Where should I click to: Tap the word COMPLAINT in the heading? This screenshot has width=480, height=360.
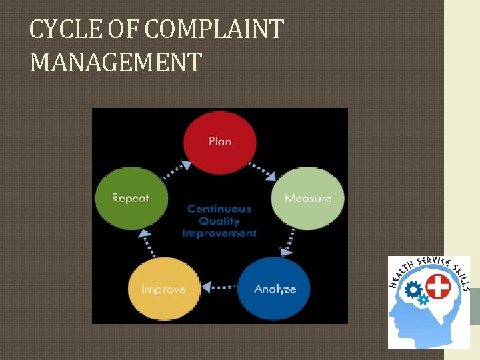[213, 30]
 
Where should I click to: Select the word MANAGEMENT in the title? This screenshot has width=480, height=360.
[115, 63]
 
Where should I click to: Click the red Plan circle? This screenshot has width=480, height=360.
[220, 141]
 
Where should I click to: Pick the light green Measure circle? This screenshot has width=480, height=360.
[307, 198]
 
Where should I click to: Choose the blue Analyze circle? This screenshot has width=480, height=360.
[274, 289]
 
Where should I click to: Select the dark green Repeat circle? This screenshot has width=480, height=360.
[130, 198]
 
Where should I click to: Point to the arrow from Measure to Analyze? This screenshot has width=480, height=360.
[291, 240]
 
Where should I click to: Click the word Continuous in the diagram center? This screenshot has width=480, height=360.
[219, 209]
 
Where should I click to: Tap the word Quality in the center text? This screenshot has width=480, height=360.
[219, 221]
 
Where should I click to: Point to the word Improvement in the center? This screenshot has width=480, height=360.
[219, 233]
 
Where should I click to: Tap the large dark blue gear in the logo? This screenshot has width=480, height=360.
[413, 290]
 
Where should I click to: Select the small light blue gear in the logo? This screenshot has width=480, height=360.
[423, 300]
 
